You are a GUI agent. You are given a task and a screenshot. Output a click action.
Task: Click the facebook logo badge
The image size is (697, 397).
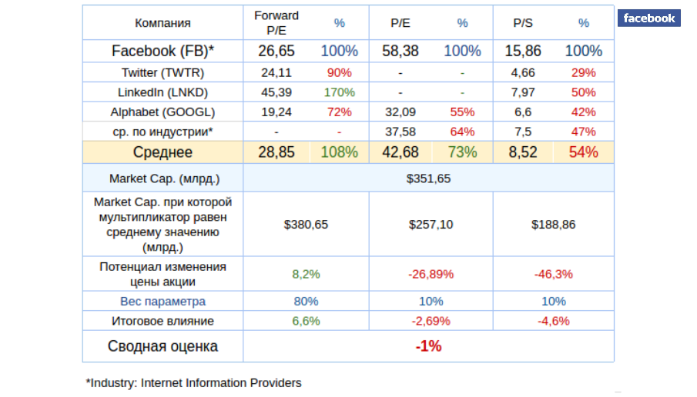click(x=649, y=18)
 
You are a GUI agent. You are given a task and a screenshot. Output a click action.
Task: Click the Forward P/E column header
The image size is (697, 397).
click(x=276, y=23)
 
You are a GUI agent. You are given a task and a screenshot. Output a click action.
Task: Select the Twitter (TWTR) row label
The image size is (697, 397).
click(x=163, y=72)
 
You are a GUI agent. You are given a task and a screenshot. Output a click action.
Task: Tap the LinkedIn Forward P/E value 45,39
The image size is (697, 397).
click(x=276, y=92)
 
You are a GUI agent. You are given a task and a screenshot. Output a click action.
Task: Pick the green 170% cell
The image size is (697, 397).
click(x=339, y=92)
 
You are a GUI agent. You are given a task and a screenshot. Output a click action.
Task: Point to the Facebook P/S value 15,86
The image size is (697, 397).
click(x=522, y=52)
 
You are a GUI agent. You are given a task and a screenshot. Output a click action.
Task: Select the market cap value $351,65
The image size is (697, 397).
click(x=428, y=178)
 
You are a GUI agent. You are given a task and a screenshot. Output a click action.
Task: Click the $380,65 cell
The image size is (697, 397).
click(x=306, y=225)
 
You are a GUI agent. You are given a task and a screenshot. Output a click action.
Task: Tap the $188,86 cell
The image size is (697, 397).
click(x=553, y=225)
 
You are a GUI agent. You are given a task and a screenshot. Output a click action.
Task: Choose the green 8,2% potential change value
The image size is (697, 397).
click(x=306, y=273)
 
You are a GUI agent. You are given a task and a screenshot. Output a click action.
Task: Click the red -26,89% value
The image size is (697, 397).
click(x=430, y=273)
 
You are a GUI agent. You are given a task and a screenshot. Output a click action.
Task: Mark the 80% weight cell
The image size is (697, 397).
click(x=306, y=301)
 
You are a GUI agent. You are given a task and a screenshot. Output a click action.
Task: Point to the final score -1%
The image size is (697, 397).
click(x=428, y=346)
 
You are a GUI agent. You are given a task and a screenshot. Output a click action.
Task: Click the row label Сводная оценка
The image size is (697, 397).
click(x=163, y=346)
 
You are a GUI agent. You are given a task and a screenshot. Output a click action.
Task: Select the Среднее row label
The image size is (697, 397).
click(x=163, y=152)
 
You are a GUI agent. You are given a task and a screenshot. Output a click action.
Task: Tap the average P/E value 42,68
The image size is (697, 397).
click(x=400, y=152)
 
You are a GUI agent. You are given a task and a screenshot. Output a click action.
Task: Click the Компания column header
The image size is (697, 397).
click(x=163, y=23)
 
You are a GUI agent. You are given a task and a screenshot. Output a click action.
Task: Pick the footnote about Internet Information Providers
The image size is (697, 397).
click(x=193, y=382)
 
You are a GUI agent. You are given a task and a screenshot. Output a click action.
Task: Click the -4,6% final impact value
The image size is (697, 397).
click(x=553, y=321)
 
